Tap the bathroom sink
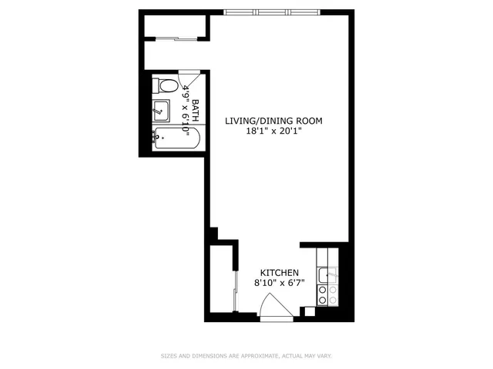[162, 111]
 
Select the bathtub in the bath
[176, 139]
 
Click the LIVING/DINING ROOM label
[273, 121]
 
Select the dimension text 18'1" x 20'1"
[273, 131]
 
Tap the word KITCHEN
[279, 273]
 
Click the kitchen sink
[324, 273]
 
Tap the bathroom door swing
[189, 80]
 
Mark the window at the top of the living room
[274, 12]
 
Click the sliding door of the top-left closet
[176, 39]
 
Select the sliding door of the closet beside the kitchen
[235, 288]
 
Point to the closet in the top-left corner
[176, 25]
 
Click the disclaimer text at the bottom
[246, 356]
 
